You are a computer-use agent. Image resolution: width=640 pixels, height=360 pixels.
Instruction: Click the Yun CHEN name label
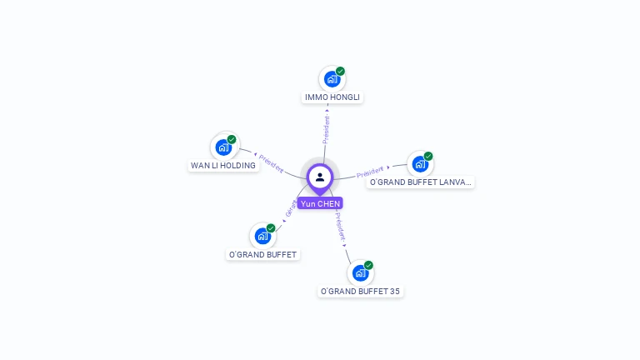[x=320, y=203]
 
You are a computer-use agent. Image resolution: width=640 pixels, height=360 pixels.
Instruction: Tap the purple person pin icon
[x=320, y=177]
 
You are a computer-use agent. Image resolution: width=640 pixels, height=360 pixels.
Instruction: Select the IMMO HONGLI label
[x=332, y=97]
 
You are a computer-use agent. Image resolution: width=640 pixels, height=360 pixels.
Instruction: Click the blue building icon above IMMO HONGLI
[x=332, y=80]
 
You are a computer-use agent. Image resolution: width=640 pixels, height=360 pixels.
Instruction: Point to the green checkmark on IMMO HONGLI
[x=341, y=72]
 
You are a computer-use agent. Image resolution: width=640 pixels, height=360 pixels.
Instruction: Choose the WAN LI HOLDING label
[x=223, y=166]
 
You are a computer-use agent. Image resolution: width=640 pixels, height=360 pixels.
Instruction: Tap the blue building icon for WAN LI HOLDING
[x=222, y=147]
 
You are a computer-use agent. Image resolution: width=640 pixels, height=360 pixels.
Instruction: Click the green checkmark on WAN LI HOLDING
[x=232, y=139]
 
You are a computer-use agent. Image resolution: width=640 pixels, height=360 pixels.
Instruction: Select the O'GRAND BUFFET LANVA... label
[x=421, y=182]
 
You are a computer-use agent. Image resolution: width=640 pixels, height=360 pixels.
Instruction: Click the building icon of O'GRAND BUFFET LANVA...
[x=420, y=164]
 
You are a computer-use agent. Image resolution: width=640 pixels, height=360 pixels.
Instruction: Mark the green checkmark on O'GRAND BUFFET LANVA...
[x=428, y=156]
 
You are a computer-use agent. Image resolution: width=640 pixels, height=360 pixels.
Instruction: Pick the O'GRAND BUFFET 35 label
[x=360, y=292]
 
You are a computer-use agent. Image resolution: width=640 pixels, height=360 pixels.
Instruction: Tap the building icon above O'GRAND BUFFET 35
[x=360, y=273]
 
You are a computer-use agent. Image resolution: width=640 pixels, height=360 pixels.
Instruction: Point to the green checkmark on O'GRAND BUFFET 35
[x=368, y=265]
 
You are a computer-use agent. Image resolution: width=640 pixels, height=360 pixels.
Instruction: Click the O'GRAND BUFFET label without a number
[x=262, y=255]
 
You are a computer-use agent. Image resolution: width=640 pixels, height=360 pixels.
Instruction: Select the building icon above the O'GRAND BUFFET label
[x=262, y=236]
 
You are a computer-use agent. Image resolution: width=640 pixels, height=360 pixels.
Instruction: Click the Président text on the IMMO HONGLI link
[x=327, y=128]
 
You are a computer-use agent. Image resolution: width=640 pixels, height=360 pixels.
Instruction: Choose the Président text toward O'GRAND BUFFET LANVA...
[x=371, y=173]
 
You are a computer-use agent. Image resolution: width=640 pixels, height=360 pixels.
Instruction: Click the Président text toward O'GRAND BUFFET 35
[x=341, y=227]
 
